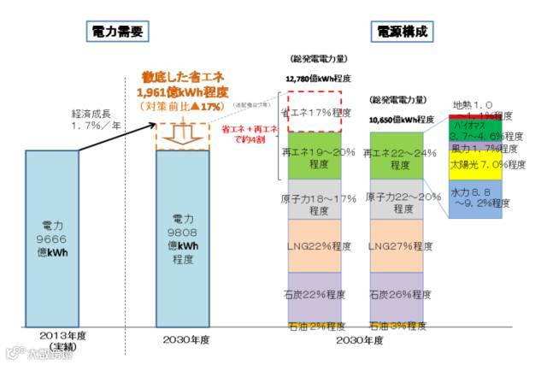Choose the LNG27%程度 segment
click(x=396, y=247)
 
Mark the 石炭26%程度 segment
click(x=396, y=295)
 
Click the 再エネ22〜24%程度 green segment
click(x=396, y=156)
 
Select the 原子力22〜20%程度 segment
click(x=396, y=202)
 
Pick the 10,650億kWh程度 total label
click(x=397, y=120)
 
